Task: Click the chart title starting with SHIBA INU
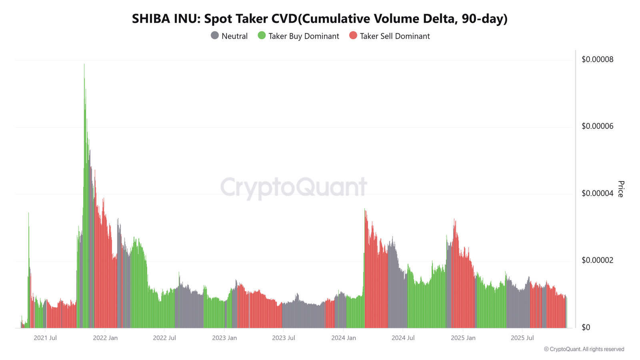[x=320, y=19]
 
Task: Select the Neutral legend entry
[x=229, y=36]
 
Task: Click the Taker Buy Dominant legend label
[x=304, y=36]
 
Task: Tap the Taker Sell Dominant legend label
[x=395, y=36]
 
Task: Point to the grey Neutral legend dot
[x=214, y=36]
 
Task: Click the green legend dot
[x=262, y=36]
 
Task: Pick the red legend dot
[x=353, y=36]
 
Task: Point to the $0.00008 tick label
[x=598, y=60]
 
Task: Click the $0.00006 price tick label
[x=598, y=126]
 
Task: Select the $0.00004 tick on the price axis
[x=598, y=194]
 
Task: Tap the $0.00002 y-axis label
[x=598, y=260]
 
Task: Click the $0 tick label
[x=586, y=328]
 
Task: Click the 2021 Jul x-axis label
[x=45, y=338]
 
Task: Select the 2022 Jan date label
[x=105, y=338]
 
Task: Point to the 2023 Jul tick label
[x=284, y=338]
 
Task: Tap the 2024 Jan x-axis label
[x=344, y=338]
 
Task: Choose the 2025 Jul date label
[x=522, y=338]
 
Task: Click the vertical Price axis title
[x=621, y=189]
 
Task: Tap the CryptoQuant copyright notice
[x=584, y=349]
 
